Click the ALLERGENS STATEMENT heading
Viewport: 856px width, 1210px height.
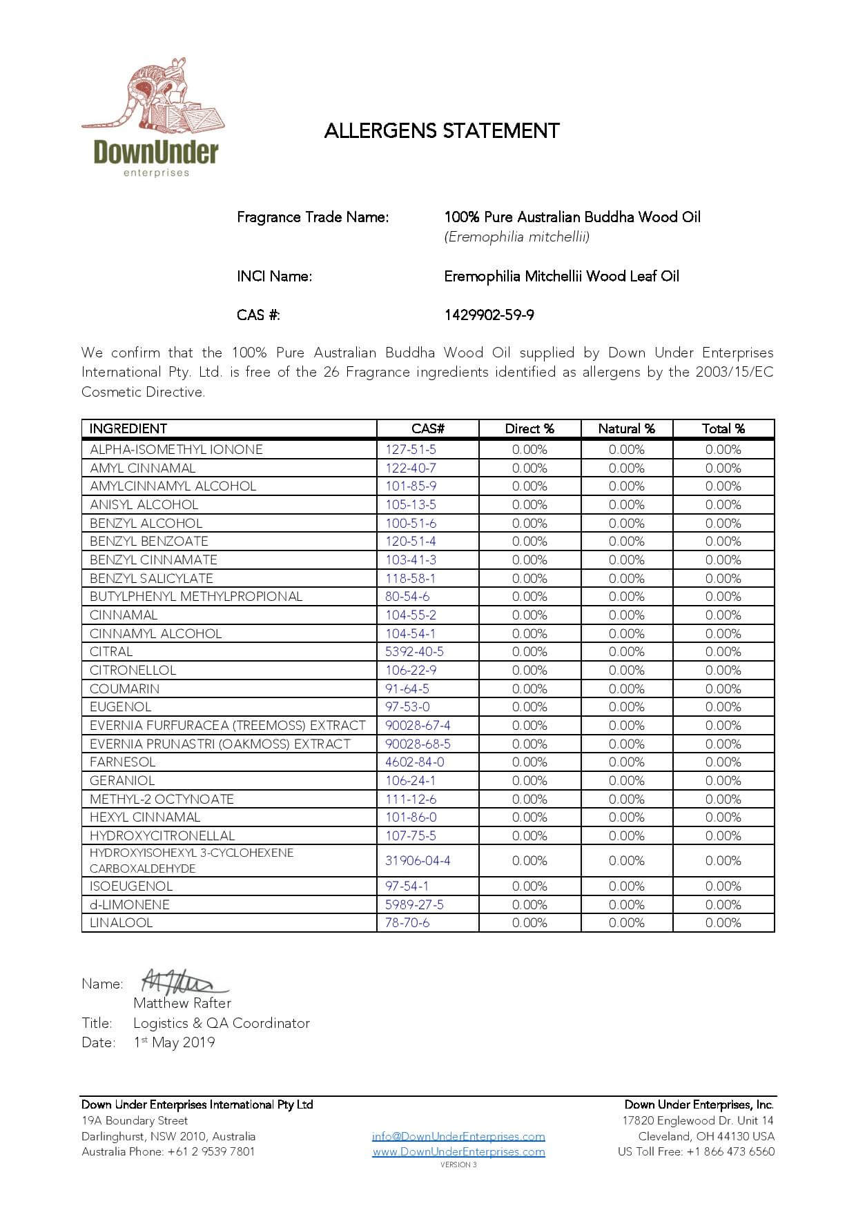click(442, 131)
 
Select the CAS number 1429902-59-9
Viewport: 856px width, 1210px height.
click(489, 315)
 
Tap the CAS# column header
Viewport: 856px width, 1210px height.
click(427, 428)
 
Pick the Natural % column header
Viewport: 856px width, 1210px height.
click(626, 428)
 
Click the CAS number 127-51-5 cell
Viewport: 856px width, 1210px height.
click(411, 450)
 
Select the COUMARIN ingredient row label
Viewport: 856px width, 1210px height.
click(124, 688)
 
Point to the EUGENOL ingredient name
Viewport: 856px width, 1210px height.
click(120, 707)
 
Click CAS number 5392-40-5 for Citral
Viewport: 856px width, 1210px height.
click(414, 652)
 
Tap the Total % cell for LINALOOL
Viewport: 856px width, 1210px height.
click(723, 923)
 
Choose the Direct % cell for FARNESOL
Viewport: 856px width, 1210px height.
click(529, 762)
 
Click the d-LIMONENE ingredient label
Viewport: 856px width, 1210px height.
click(130, 904)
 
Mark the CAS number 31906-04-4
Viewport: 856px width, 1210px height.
click(418, 861)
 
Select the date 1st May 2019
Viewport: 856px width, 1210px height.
click(174, 1042)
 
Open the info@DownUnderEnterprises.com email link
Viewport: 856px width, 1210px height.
click(458, 1136)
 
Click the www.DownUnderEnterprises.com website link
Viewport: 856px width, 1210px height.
click(458, 1151)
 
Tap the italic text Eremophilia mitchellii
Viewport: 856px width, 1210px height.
click(517, 237)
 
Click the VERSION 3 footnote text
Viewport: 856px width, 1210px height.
click(458, 1165)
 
